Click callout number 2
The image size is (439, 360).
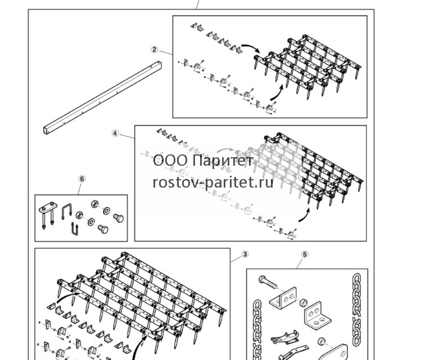(x=154, y=50)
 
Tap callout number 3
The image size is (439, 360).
(x=245, y=254)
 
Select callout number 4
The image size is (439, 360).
(x=115, y=133)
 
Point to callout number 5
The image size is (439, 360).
(x=305, y=254)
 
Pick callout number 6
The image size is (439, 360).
(x=82, y=179)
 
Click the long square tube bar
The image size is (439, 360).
(x=102, y=98)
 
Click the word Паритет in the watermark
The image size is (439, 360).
(x=223, y=161)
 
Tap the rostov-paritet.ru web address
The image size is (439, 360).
(x=213, y=183)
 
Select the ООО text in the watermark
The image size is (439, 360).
(x=170, y=161)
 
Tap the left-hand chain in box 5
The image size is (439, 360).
(x=257, y=330)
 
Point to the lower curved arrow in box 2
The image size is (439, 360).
(x=278, y=93)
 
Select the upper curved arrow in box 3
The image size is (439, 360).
(x=67, y=297)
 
